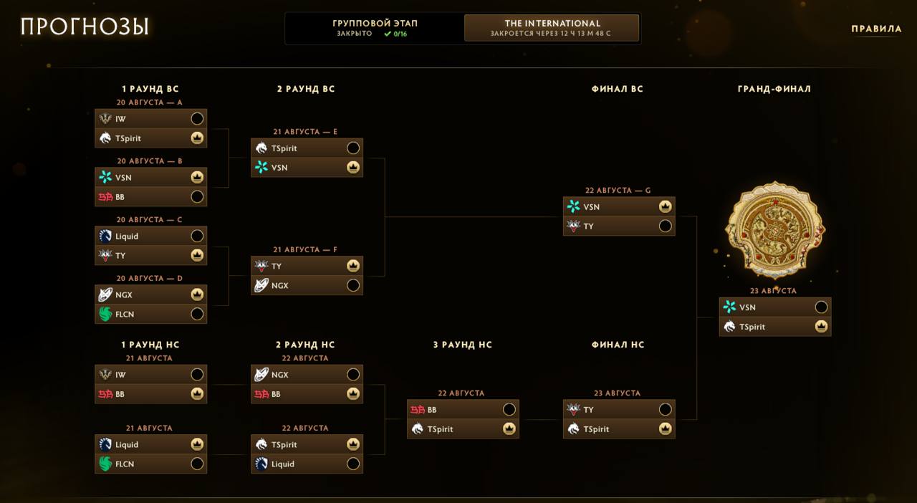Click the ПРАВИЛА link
876,29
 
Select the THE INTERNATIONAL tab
552,28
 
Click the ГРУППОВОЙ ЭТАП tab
375,28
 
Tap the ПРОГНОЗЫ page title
85,27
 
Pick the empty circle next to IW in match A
197,119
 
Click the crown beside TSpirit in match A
197,138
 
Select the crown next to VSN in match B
197,178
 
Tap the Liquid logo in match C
105,236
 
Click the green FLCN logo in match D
105,314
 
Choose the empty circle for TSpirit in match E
353,148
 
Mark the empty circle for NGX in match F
353,285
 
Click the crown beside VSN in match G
666,206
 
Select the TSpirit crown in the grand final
821,327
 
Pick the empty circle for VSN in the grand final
821,307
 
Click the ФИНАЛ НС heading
618,345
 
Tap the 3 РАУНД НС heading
463,345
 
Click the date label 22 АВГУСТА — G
618,191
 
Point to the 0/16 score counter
400,34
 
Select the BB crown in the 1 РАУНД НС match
197,393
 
